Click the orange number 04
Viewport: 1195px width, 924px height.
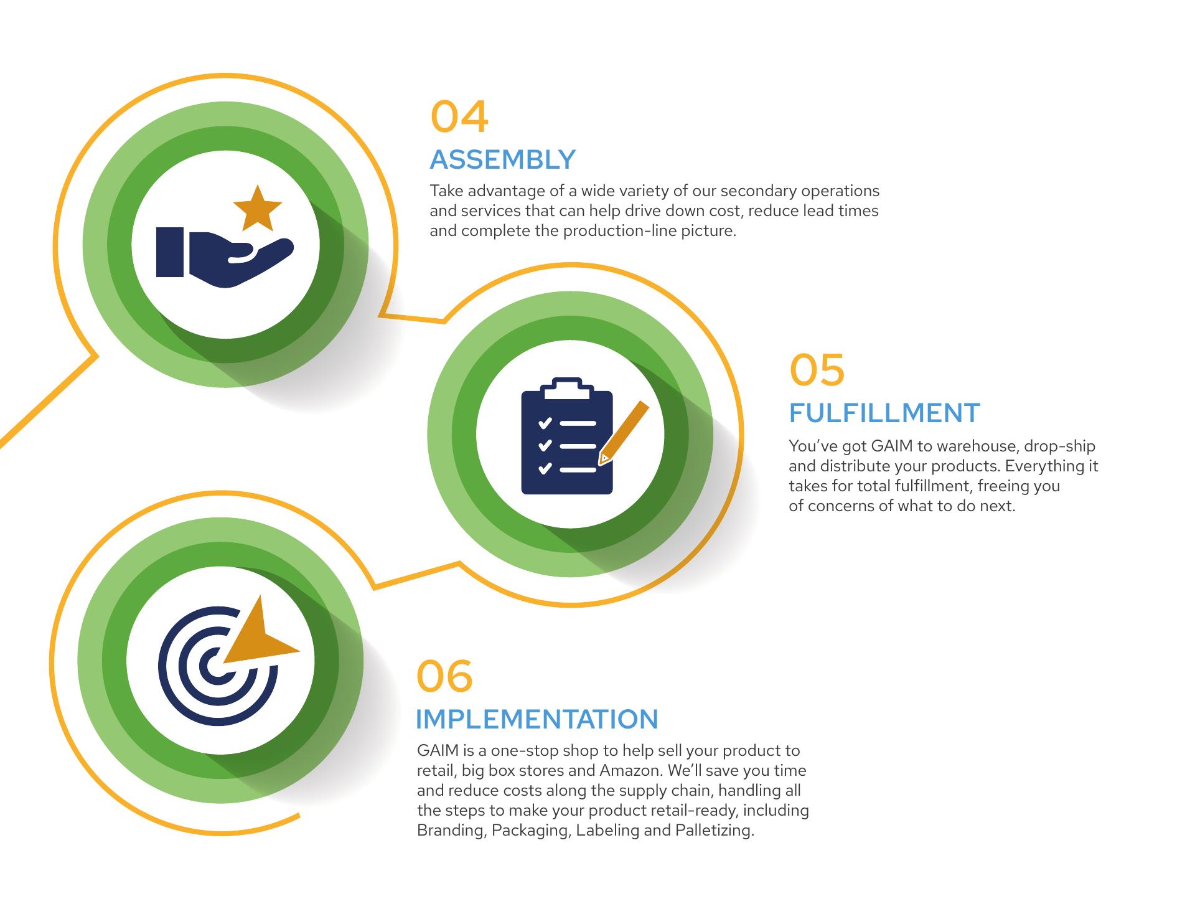[459, 117]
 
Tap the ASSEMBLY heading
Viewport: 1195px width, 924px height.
[502, 160]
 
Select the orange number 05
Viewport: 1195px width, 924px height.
[817, 370]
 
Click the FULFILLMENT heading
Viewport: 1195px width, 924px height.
[884, 413]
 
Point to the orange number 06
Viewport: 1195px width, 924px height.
[444, 676]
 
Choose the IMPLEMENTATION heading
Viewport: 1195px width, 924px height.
[537, 719]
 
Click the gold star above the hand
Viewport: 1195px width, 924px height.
[257, 207]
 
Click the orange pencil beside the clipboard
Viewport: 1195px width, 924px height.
[623, 433]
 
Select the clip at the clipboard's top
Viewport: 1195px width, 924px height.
[566, 389]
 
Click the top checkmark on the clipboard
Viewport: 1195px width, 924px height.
[545, 423]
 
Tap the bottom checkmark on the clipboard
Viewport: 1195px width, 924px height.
[545, 468]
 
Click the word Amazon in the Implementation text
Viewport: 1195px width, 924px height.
[631, 770]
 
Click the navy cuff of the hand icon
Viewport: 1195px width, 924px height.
[169, 252]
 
